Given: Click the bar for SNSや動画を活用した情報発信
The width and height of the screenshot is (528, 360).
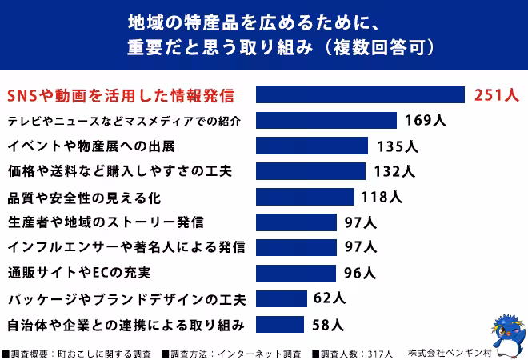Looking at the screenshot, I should click(x=360, y=95).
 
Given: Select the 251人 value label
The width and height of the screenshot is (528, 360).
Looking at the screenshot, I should click(x=497, y=95).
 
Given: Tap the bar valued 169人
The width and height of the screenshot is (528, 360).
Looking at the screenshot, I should click(x=326, y=121).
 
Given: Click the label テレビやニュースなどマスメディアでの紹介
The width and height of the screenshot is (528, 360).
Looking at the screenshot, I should click(x=124, y=121).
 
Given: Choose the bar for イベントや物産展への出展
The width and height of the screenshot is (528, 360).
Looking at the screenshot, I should click(x=312, y=146).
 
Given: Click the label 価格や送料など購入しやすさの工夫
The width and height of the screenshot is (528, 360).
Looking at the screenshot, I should click(x=119, y=171).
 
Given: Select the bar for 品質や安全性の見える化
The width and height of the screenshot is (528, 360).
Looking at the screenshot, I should click(x=305, y=197).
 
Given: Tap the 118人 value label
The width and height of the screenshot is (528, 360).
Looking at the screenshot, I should click(x=381, y=197).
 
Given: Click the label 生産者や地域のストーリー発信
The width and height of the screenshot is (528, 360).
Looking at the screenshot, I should click(x=105, y=222).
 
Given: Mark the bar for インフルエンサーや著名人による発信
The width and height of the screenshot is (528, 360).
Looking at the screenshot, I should click(x=296, y=247).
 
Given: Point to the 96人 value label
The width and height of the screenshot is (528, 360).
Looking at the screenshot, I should click(x=360, y=273).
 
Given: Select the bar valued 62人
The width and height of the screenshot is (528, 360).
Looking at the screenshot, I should click(x=282, y=298).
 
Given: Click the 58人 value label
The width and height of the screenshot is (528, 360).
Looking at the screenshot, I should click(x=328, y=324).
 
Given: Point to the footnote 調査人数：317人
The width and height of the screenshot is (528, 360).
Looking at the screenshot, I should click(x=353, y=353).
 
